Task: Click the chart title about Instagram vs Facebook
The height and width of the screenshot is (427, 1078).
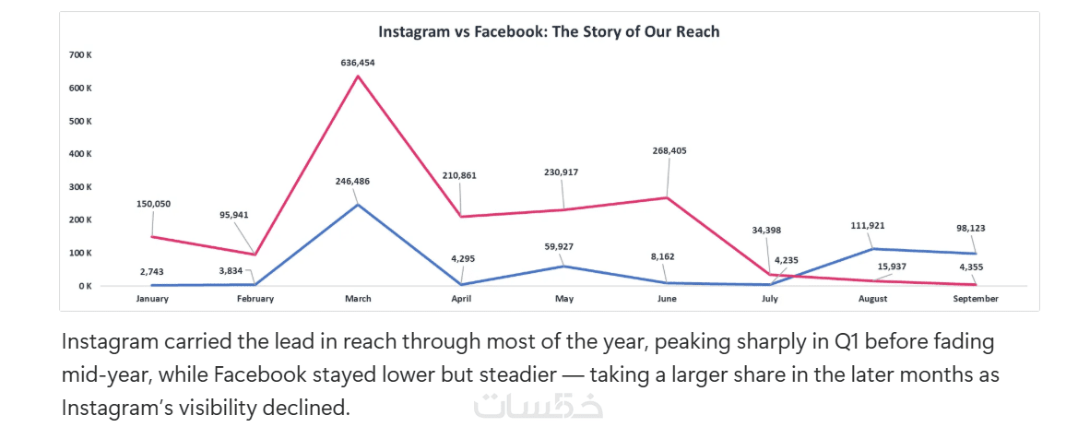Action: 549,31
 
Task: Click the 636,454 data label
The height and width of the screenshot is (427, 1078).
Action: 358,63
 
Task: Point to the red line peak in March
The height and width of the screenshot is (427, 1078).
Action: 358,76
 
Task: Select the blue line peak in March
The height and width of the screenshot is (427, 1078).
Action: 358,204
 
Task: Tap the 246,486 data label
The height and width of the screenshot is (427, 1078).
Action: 358,182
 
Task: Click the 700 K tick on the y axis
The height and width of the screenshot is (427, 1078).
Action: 80,55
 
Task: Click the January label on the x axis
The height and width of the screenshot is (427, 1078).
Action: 152,299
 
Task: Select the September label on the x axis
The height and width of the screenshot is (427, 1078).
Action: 976,299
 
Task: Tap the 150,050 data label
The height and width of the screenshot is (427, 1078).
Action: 152,204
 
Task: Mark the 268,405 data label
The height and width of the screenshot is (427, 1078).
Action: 669,150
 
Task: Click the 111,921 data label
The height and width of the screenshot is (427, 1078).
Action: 871,225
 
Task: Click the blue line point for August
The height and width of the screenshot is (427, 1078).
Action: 873,249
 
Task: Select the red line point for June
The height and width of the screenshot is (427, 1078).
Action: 667,197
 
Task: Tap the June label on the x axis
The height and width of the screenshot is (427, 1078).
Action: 667,299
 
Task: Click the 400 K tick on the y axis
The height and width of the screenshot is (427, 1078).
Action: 80,154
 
